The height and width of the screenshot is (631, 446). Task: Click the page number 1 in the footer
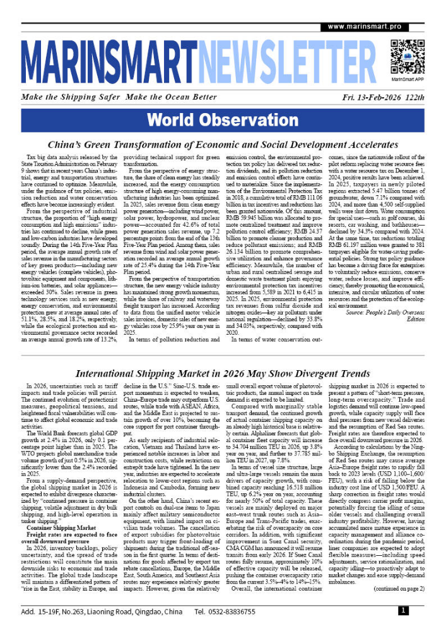402,611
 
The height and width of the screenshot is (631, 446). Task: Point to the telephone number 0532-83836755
235,611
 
